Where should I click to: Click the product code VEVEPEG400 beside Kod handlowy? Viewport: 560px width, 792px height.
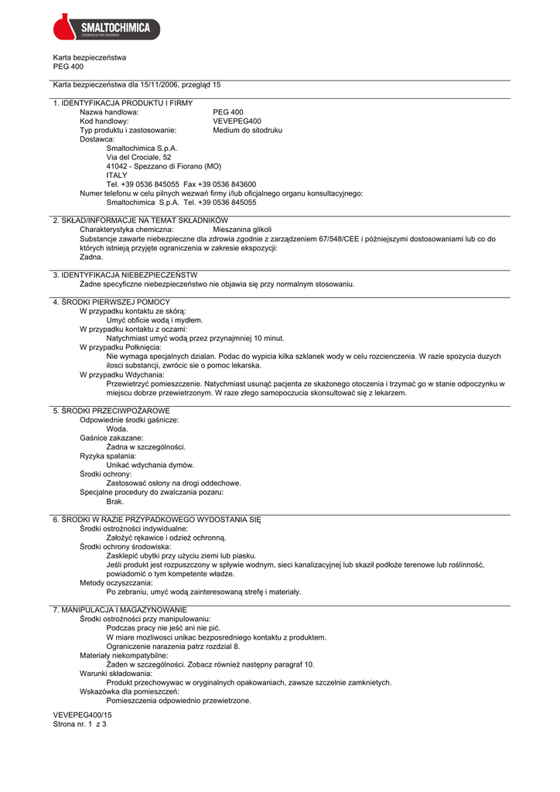pos(237,121)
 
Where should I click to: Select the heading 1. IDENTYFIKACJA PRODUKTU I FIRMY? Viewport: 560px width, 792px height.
pos(123,103)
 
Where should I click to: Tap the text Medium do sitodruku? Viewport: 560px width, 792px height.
pos(248,131)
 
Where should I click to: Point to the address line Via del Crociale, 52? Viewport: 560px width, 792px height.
pos(138,157)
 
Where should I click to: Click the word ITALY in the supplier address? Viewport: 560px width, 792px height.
pos(117,176)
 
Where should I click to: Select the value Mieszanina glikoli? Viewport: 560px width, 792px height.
pos(242,230)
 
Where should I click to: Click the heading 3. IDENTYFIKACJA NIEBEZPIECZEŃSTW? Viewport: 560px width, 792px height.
pos(125,275)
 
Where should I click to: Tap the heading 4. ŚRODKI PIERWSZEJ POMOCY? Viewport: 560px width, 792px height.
pos(111,302)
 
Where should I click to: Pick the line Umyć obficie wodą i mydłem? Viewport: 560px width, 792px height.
pos(155,319)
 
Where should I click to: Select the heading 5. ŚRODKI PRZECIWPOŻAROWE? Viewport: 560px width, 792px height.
pos(111,410)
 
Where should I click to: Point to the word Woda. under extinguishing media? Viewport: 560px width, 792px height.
pos(117,428)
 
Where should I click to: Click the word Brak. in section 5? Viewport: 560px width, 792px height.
pos(115,501)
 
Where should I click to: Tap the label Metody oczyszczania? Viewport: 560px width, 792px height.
pos(116,582)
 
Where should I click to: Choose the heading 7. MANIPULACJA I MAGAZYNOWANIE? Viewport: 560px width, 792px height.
pos(120,610)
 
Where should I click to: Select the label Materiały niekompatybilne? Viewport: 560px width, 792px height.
pos(124,655)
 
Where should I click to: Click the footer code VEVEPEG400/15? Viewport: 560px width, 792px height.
pos(82,715)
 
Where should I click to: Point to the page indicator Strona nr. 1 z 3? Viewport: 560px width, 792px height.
pos(80,725)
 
